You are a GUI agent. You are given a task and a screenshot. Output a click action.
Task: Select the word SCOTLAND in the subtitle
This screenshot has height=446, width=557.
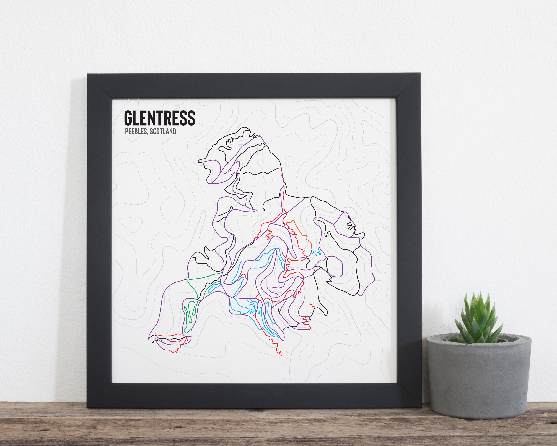tap(163, 131)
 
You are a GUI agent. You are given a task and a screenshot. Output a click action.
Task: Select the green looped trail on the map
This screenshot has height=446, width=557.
tap(190, 314)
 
